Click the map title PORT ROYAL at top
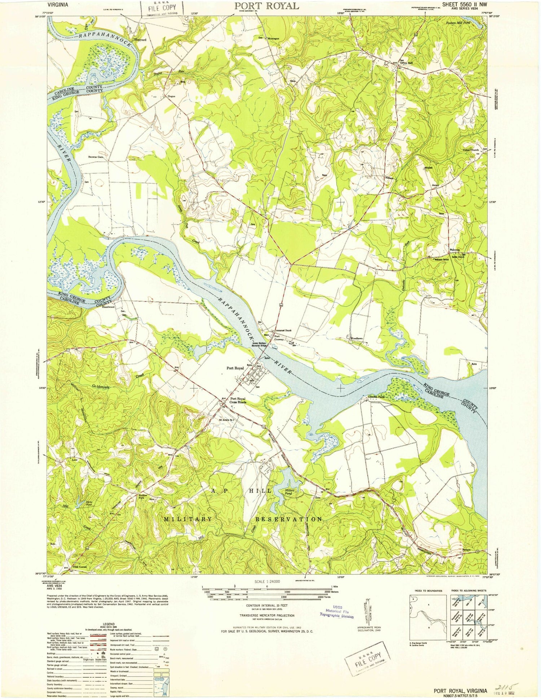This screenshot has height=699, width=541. [x=267, y=6]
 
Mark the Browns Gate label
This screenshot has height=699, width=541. [x=96, y=157]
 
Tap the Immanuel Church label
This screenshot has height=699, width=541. [x=283, y=331]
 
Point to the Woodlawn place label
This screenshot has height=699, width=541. [x=356, y=338]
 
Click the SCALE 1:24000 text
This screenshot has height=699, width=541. [x=267, y=582]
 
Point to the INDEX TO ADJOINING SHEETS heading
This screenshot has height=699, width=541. [x=468, y=590]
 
